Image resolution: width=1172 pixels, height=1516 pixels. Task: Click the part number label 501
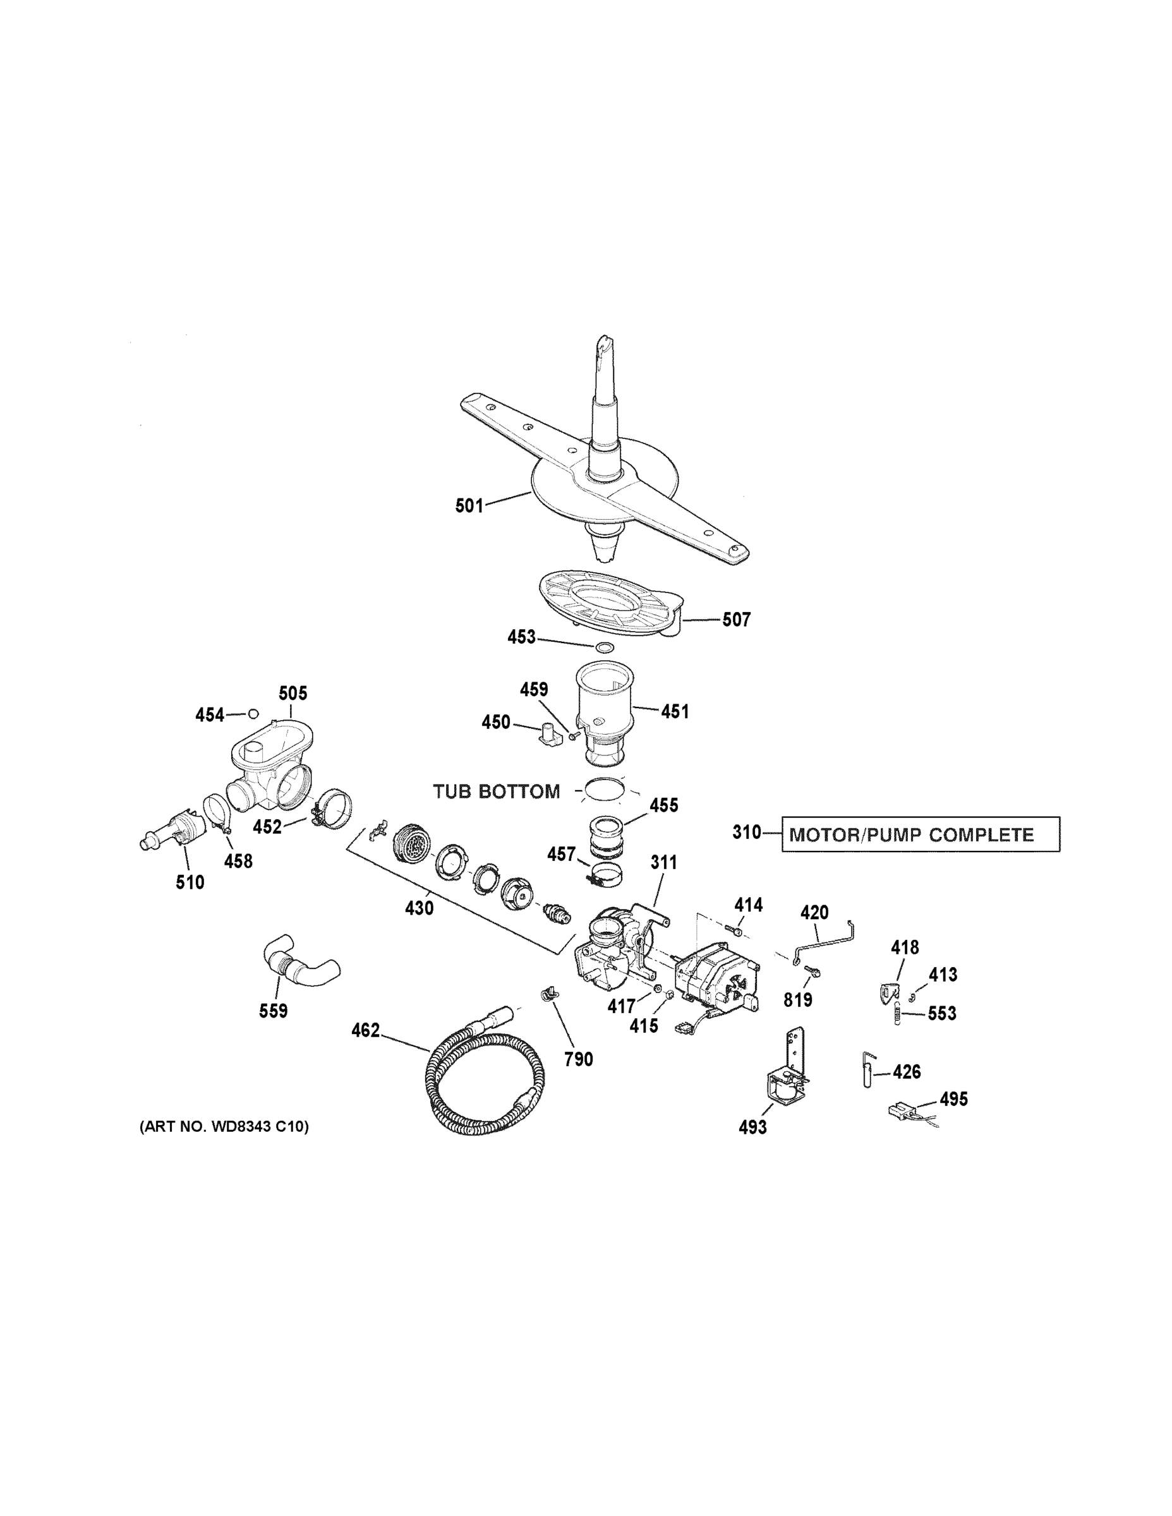click(x=469, y=505)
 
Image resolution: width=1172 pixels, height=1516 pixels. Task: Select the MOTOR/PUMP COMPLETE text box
click(x=920, y=834)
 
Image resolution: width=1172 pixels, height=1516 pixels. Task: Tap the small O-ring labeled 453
click(x=605, y=647)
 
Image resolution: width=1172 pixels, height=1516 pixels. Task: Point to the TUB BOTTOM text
click(x=497, y=791)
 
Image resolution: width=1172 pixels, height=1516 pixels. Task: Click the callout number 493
click(x=752, y=1127)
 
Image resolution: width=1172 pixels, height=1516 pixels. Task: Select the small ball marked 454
click(x=253, y=714)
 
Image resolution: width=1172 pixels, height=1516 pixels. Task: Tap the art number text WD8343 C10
click(x=224, y=1127)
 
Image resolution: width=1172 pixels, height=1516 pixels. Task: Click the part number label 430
click(x=420, y=907)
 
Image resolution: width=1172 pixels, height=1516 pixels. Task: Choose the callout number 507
click(x=736, y=619)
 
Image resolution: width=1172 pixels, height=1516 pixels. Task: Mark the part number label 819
click(x=798, y=999)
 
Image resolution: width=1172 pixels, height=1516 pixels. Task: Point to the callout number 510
click(x=190, y=882)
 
